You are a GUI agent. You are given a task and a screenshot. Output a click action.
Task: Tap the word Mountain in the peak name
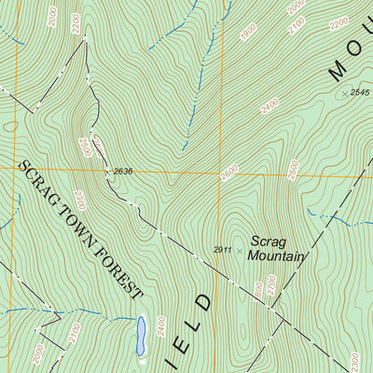pyautogui.click(x=278, y=255)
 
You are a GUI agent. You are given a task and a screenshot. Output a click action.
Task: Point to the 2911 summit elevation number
pyautogui.click(x=222, y=250)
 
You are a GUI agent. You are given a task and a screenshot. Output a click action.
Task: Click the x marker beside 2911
pyautogui.click(x=240, y=250)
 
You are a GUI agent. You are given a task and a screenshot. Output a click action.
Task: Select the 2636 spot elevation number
pyautogui.click(x=124, y=171)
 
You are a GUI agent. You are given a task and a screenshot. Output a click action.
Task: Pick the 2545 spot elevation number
pyautogui.click(x=360, y=93)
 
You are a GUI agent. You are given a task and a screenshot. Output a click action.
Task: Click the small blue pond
pyautogui.click(x=141, y=335)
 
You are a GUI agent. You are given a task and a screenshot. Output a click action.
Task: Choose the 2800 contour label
pyautogui.click(x=294, y=171)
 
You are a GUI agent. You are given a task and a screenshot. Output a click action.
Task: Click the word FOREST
pyautogui.click(x=118, y=271)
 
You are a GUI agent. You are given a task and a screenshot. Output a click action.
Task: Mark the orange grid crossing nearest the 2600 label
pyautogui.click(x=221, y=171)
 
